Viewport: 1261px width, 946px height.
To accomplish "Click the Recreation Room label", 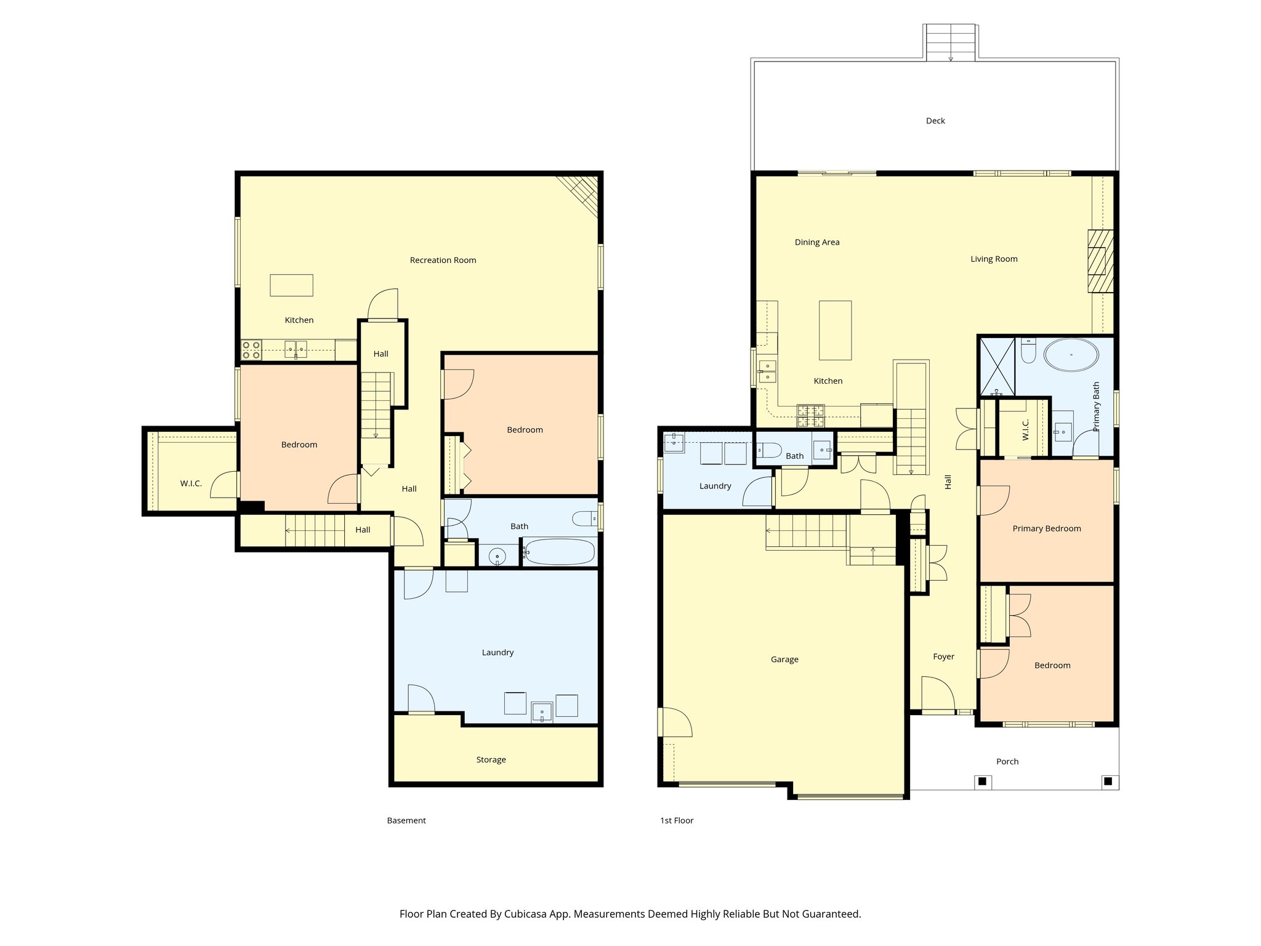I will coord(443,260).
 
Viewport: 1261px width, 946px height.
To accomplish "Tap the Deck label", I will coord(935,121).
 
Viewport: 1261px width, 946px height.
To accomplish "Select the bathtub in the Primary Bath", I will coord(1071,355).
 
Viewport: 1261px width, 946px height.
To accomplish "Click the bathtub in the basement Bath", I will coord(560,552).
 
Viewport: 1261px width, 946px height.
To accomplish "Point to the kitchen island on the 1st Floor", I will coord(835,330).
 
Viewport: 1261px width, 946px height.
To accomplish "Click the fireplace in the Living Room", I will coord(1100,261).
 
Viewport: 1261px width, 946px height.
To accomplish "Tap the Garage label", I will coord(784,659).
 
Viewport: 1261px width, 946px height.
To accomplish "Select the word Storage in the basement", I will coord(491,759).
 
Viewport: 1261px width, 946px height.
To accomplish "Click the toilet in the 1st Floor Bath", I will coord(768,450).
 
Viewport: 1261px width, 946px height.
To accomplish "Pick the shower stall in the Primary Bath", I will coord(997,366).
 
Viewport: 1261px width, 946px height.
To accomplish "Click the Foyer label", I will coord(943,657).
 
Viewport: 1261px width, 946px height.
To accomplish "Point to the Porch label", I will coord(1007,761).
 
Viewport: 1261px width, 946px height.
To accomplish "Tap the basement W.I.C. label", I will coord(191,483).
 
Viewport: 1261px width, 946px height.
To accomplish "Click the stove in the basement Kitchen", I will coord(251,350).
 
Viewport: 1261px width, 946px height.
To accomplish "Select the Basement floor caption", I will coord(406,820).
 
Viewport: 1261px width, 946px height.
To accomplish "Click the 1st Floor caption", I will coord(676,820).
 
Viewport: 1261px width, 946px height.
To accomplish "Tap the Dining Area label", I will coord(816,242).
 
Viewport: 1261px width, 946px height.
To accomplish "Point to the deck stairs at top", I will coord(950,43).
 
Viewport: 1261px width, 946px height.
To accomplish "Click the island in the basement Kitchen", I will coord(291,285).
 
